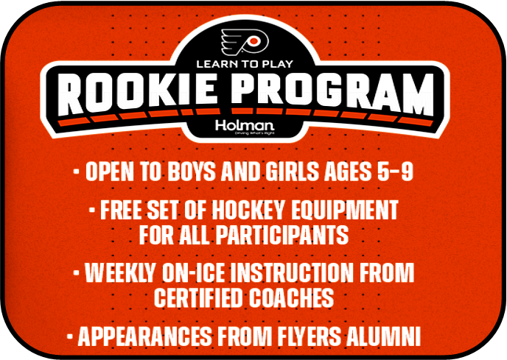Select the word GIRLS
point(286,173)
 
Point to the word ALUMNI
point(391,336)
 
